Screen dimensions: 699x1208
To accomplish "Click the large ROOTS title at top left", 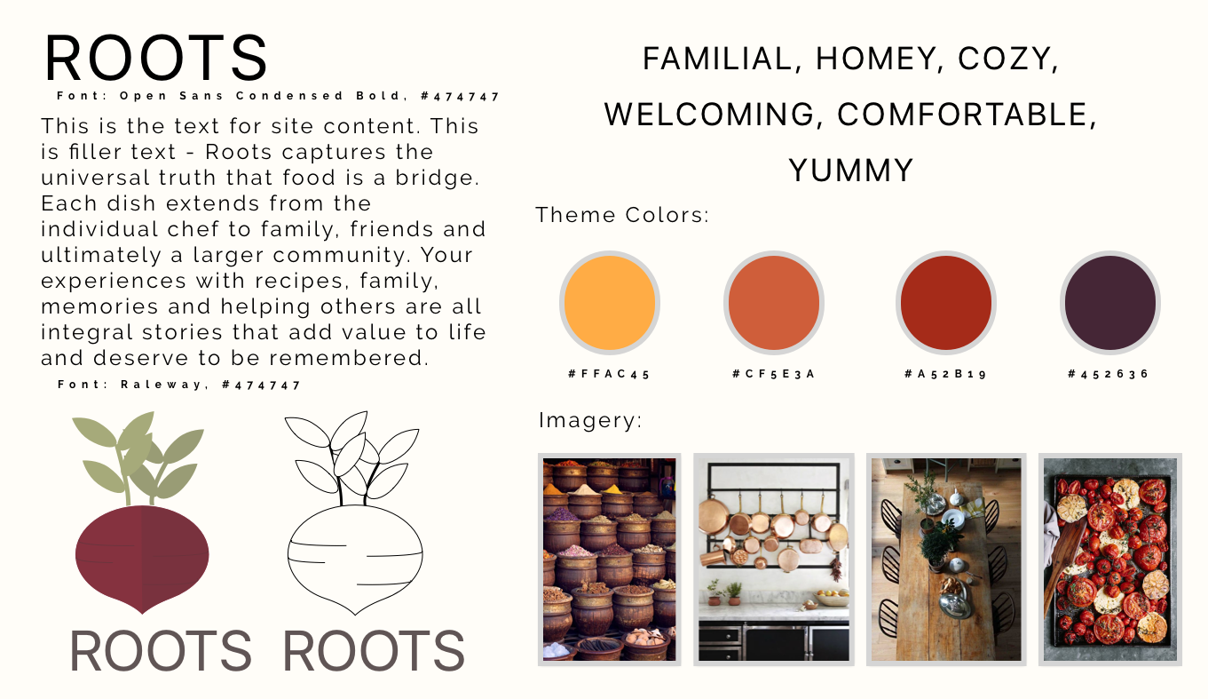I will pyautogui.click(x=156, y=59).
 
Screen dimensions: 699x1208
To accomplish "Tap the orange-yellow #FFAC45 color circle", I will pyautogui.click(x=609, y=302).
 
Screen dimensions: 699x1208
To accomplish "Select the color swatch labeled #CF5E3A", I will pyautogui.click(x=773, y=302).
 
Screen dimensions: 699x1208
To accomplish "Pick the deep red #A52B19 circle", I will pyautogui.click(x=945, y=302).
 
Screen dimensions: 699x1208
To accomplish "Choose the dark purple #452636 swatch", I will pyautogui.click(x=1109, y=302).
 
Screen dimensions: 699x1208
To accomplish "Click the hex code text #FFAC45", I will pyautogui.click(x=609, y=374).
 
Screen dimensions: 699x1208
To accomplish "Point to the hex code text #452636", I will pyautogui.click(x=1109, y=374).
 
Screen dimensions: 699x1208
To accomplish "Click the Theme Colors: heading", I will pyautogui.click(x=622, y=215).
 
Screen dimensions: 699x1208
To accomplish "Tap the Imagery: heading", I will pyautogui.click(x=590, y=420).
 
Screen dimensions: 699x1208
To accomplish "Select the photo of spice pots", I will pyautogui.click(x=609, y=559).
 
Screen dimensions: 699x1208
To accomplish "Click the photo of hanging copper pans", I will pyautogui.click(x=773, y=559).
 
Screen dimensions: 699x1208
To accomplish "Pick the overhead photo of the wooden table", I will pyautogui.click(x=945, y=559).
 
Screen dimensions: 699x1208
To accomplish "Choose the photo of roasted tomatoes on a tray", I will pyautogui.click(x=1109, y=559).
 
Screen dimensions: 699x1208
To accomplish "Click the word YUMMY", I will pyautogui.click(x=850, y=170).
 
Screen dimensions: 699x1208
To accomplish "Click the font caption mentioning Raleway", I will pyautogui.click(x=179, y=385).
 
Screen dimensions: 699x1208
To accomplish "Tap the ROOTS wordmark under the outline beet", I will pyautogui.click(x=374, y=652).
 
